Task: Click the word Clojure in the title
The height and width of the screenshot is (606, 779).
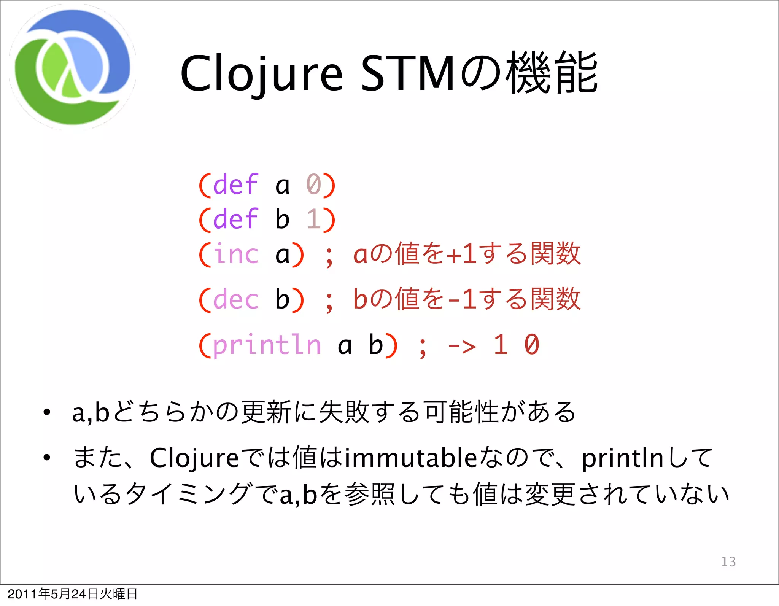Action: [261, 74]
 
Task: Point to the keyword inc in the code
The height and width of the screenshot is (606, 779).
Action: [236, 254]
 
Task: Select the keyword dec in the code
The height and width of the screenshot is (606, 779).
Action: [236, 299]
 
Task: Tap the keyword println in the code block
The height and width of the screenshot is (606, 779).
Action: [267, 345]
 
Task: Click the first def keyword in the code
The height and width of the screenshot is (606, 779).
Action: [236, 185]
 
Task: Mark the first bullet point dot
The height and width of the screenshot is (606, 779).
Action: [46, 412]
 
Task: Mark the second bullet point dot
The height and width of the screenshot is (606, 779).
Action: [46, 458]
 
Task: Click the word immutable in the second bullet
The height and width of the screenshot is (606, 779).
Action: [411, 458]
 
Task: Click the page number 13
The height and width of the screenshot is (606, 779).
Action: [728, 561]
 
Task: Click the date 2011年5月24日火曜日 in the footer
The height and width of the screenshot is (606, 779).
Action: [72, 593]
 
